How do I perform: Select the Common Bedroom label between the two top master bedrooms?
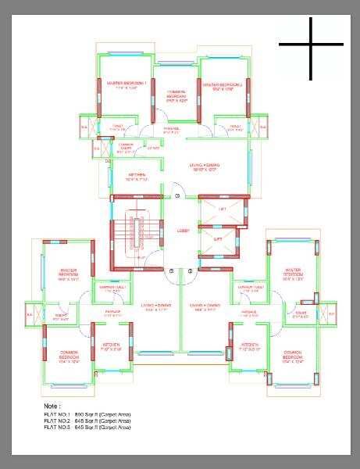[176, 95]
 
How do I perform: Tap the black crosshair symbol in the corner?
[311, 45]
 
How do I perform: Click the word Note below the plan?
[52, 407]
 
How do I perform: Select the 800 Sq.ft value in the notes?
[83, 414]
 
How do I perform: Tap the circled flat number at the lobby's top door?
[177, 195]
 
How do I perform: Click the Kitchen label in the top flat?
[136, 177]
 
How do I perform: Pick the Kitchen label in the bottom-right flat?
[251, 346]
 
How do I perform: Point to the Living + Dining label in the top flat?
[205, 167]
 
